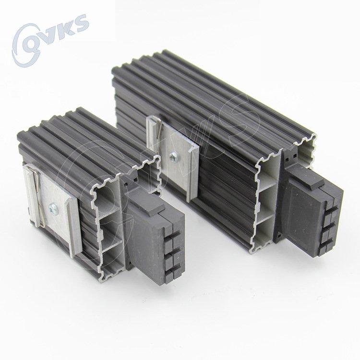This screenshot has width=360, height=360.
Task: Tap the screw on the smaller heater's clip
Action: (52, 208)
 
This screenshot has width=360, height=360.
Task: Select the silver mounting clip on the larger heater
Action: (173, 158)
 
